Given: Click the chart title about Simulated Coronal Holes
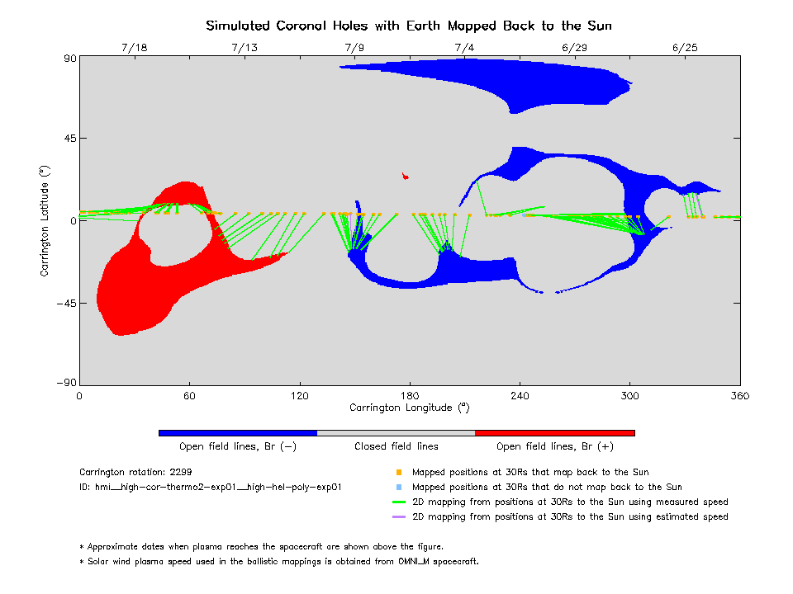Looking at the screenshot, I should click(x=409, y=26).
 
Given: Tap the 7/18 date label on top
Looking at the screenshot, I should click(x=134, y=48).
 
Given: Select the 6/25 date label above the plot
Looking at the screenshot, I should click(x=685, y=48).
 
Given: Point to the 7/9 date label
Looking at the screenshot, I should click(x=354, y=48).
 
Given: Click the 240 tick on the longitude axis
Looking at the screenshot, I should click(x=520, y=395).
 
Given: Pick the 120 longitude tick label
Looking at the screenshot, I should click(x=299, y=395).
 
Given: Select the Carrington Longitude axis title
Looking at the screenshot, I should click(x=409, y=408).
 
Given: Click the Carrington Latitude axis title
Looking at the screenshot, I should click(x=46, y=220).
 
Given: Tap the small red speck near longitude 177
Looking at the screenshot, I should click(x=404, y=175).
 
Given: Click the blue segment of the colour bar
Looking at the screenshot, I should click(x=238, y=432).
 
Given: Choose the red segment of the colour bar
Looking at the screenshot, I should click(x=554, y=432).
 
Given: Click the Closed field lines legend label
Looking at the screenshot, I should click(x=396, y=446).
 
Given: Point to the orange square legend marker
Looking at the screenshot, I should click(x=398, y=473).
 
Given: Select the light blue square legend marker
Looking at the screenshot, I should click(x=398, y=488).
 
